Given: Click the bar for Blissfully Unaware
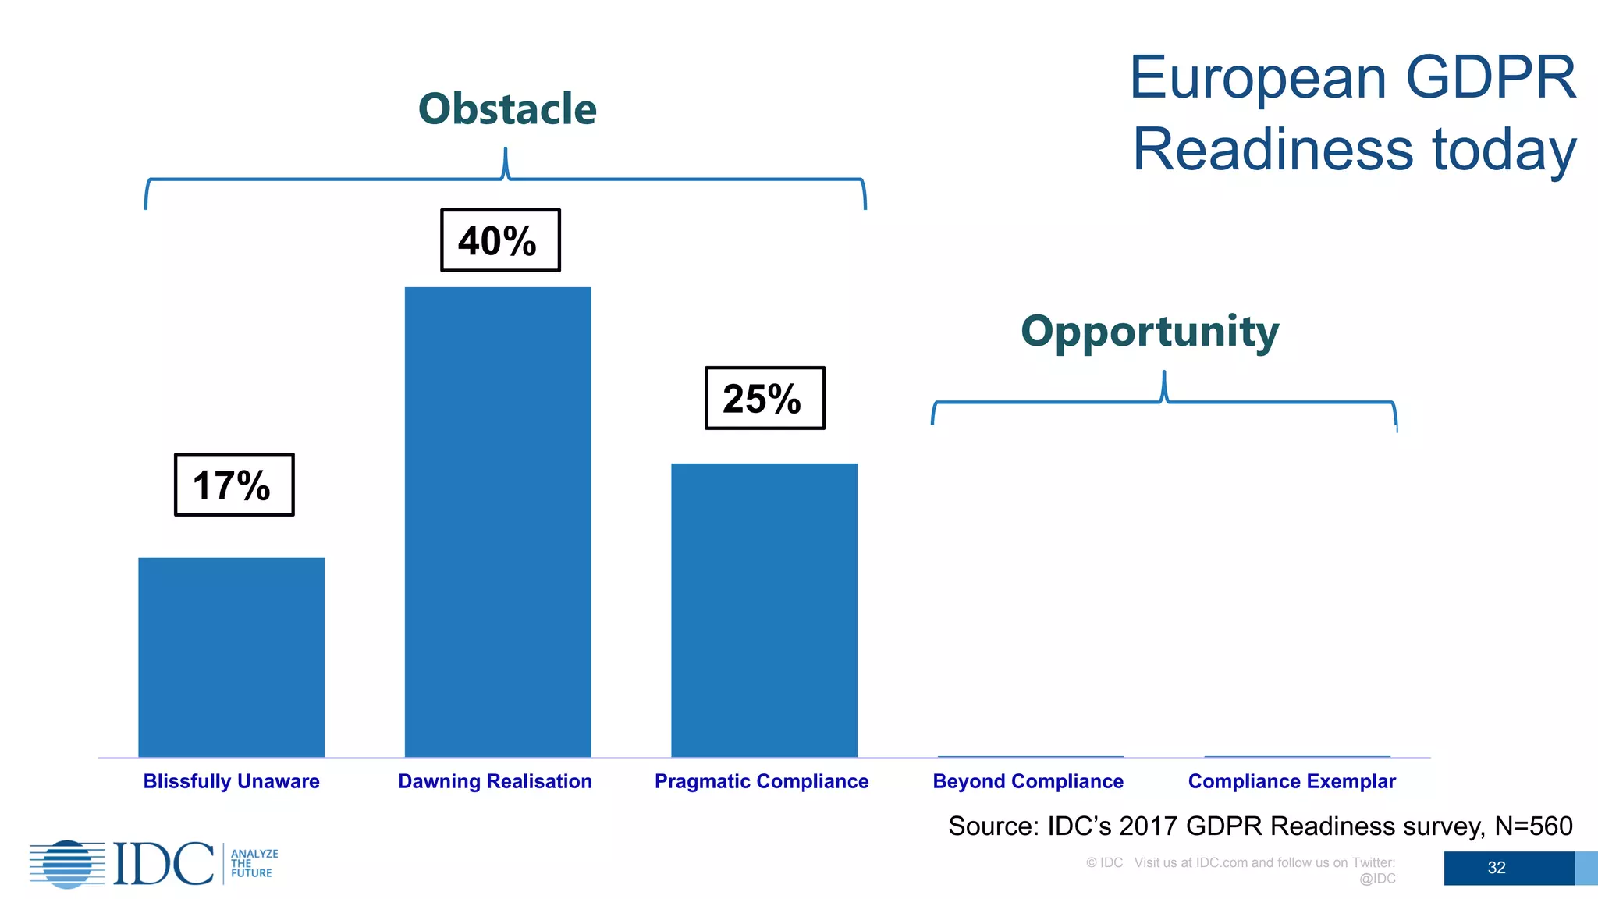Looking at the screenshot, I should point(231,657).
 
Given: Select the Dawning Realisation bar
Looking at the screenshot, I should point(498,521).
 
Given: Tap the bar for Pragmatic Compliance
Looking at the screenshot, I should point(764,609).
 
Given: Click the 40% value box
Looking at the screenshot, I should point(500,240).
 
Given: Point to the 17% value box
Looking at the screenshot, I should point(234,485).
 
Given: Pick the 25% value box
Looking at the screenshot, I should point(765,398).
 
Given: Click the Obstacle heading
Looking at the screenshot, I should point(507,108).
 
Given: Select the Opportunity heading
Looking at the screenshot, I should point(1149,332).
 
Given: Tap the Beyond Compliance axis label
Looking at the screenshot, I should point(1028,781).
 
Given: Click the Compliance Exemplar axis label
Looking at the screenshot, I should point(1291,781).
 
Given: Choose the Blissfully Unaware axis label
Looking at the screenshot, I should point(231,781).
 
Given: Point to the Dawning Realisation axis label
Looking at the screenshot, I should point(495,781).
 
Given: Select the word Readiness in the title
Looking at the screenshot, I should point(1273,150).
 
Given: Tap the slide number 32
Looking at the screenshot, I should point(1496,868).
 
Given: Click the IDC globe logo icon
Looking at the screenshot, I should point(67,864).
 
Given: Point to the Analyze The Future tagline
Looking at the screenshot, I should point(254,864).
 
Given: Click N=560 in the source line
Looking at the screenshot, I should point(1532,826).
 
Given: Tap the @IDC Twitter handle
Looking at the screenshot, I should point(1377,879).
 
